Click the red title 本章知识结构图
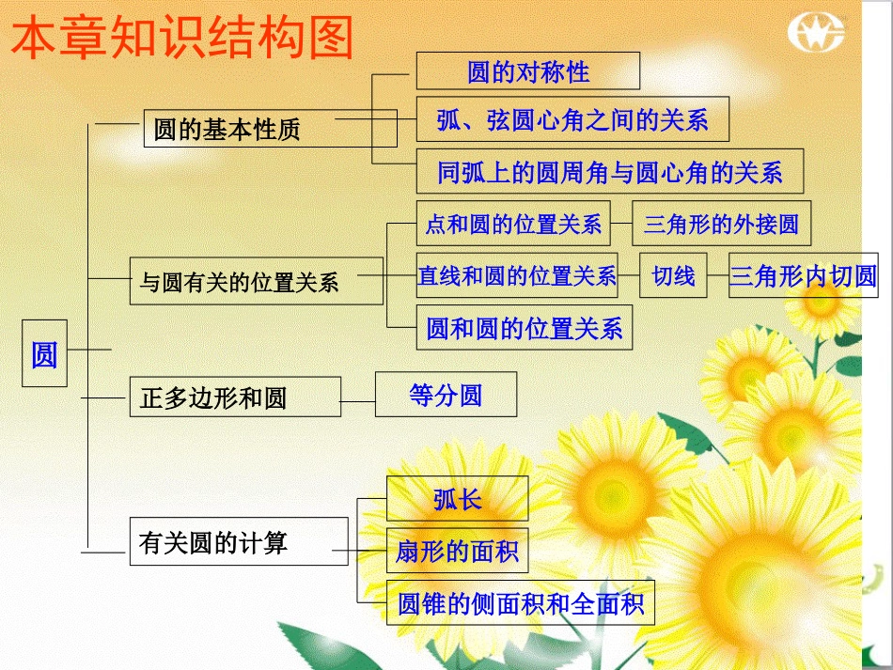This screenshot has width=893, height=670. click(x=182, y=39)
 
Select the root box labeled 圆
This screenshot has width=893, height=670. click(x=44, y=352)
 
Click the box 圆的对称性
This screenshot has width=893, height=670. click(x=527, y=70)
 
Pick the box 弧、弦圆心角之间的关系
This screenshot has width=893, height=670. click(x=572, y=119)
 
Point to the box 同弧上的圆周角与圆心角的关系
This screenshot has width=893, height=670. click(x=609, y=171)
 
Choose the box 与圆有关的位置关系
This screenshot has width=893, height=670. click(x=256, y=281)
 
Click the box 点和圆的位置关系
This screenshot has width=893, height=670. click(x=512, y=224)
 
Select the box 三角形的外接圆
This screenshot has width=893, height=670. click(x=721, y=224)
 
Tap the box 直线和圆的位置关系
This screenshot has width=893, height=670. click(x=517, y=275)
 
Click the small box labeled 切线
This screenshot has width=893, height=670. click(x=673, y=275)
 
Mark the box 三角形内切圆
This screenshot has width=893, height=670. click(x=803, y=275)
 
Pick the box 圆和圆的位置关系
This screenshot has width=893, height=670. click(x=525, y=328)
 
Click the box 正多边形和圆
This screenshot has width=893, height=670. click(x=234, y=397)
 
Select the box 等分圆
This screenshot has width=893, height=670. click(x=446, y=395)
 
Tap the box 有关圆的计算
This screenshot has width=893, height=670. click(x=238, y=542)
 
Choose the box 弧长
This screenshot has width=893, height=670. click(x=457, y=498)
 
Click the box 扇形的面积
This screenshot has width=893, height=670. click(x=457, y=551)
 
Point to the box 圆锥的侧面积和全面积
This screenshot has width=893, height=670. click(x=521, y=603)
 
